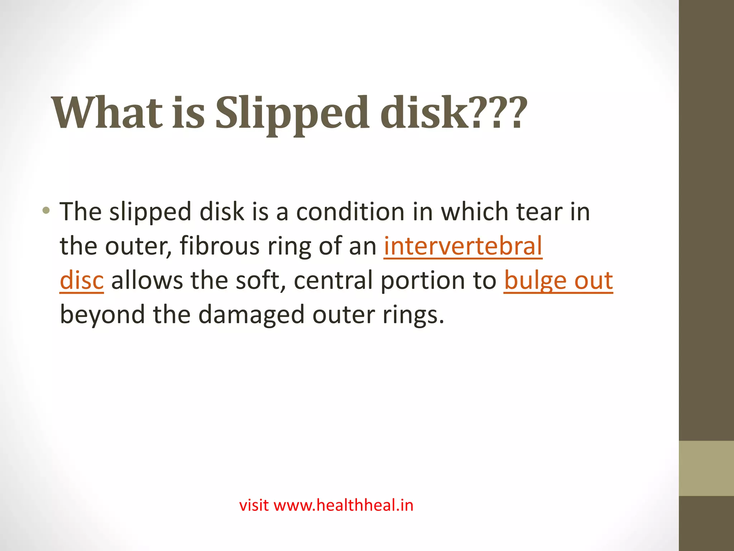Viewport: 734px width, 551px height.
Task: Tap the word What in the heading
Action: pos(107,113)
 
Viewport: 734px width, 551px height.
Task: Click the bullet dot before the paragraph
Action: pos(46,211)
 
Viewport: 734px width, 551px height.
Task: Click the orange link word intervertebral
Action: pos(463,246)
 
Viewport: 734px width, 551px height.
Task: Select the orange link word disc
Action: pos(82,281)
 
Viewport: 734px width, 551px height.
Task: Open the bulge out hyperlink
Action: pos(558,281)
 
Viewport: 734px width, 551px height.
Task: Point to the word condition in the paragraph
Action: pos(350,212)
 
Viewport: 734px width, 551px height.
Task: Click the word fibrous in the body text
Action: pos(219,246)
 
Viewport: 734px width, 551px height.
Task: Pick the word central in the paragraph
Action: pos(333,281)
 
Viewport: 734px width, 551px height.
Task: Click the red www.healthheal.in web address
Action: pos(343,505)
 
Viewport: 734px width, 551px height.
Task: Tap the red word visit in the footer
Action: pos(254,505)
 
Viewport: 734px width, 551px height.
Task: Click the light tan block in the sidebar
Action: pos(706,468)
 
